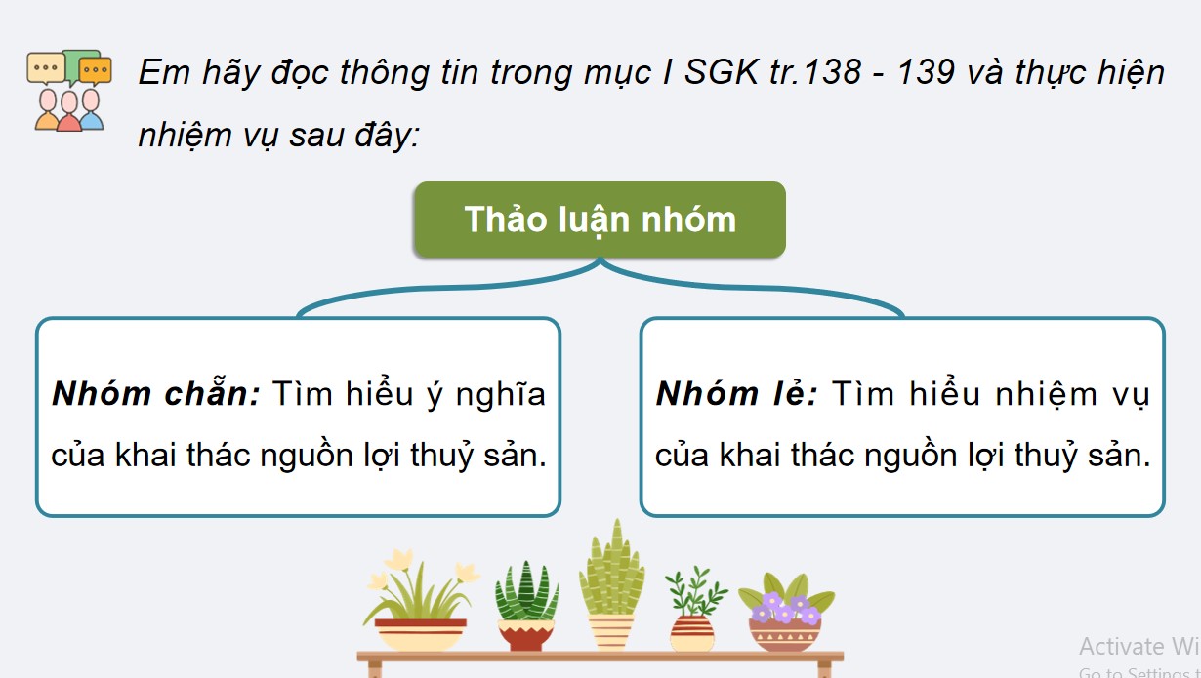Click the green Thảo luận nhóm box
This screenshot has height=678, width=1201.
click(x=600, y=219)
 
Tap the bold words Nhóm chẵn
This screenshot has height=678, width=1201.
click(x=155, y=394)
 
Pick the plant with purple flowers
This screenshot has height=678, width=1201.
click(x=785, y=610)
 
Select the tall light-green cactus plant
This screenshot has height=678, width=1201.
click(x=611, y=585)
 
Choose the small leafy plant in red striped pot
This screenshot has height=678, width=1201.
click(x=693, y=610)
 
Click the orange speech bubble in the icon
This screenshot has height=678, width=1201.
click(x=95, y=70)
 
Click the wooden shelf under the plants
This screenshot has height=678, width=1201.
click(x=600, y=658)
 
